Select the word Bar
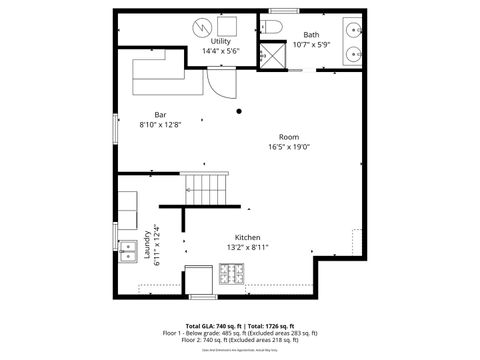pyautogui.click(x=160, y=114)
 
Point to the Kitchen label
pyautogui.click(x=248, y=237)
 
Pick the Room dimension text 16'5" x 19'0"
pyautogui.click(x=289, y=147)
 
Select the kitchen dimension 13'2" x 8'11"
pyautogui.click(x=248, y=246)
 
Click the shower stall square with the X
pyautogui.click(x=275, y=54)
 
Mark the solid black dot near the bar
pyautogui.click(x=240, y=111)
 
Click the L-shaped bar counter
pyautogui.click(x=160, y=71)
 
